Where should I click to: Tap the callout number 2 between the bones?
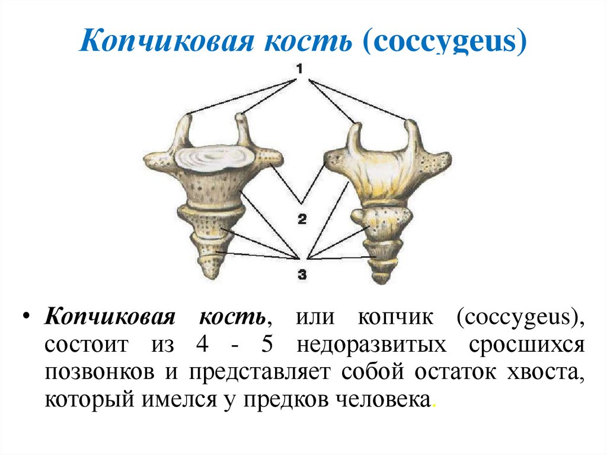pyautogui.click(x=302, y=219)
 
